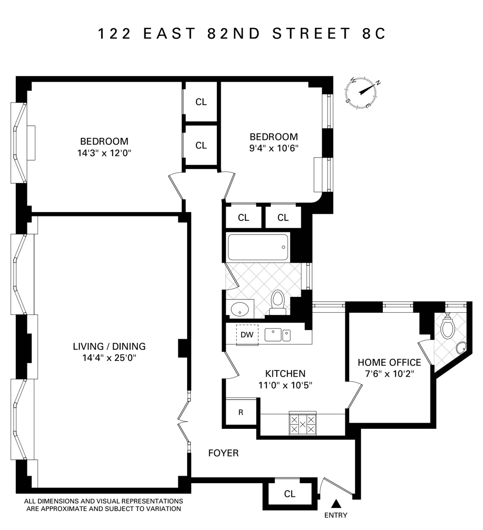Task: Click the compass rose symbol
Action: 361,93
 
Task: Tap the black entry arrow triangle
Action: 336,504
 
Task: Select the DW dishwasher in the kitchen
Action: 247,335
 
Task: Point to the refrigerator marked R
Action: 241,412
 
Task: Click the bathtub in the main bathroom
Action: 258,247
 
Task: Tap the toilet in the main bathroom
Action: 277,303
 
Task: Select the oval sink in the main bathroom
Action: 240,309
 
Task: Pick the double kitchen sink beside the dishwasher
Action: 277,335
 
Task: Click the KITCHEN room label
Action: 285,374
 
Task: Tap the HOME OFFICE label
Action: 389,363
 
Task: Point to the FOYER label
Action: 223,453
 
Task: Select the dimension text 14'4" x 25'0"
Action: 109,358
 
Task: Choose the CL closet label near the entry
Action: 290,494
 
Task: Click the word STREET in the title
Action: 312,34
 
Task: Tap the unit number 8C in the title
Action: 374,34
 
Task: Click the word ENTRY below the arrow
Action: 336,515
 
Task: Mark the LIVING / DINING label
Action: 109,346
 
